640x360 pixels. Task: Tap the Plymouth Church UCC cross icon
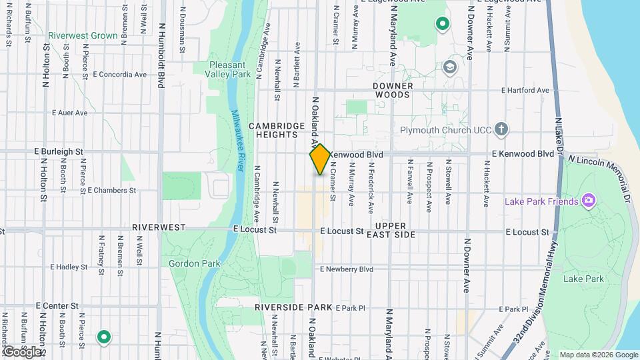pyautogui.click(x=501, y=129)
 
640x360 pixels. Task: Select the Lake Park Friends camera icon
pyautogui.click(x=588, y=200)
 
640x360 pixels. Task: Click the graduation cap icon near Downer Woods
pyautogui.click(x=450, y=67)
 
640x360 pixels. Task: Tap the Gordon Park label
pyautogui.click(x=195, y=263)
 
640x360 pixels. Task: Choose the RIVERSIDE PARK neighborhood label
pyautogui.click(x=293, y=307)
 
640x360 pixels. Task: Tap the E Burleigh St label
pyautogui.click(x=60, y=152)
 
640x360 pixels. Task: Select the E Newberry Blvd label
pyautogui.click(x=347, y=269)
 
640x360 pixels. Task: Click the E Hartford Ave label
pyautogui.click(x=526, y=91)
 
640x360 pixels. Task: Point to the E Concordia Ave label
pyautogui.click(x=120, y=74)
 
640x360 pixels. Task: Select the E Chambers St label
pyautogui.click(x=111, y=190)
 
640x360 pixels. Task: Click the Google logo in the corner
pyautogui.click(x=22, y=351)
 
